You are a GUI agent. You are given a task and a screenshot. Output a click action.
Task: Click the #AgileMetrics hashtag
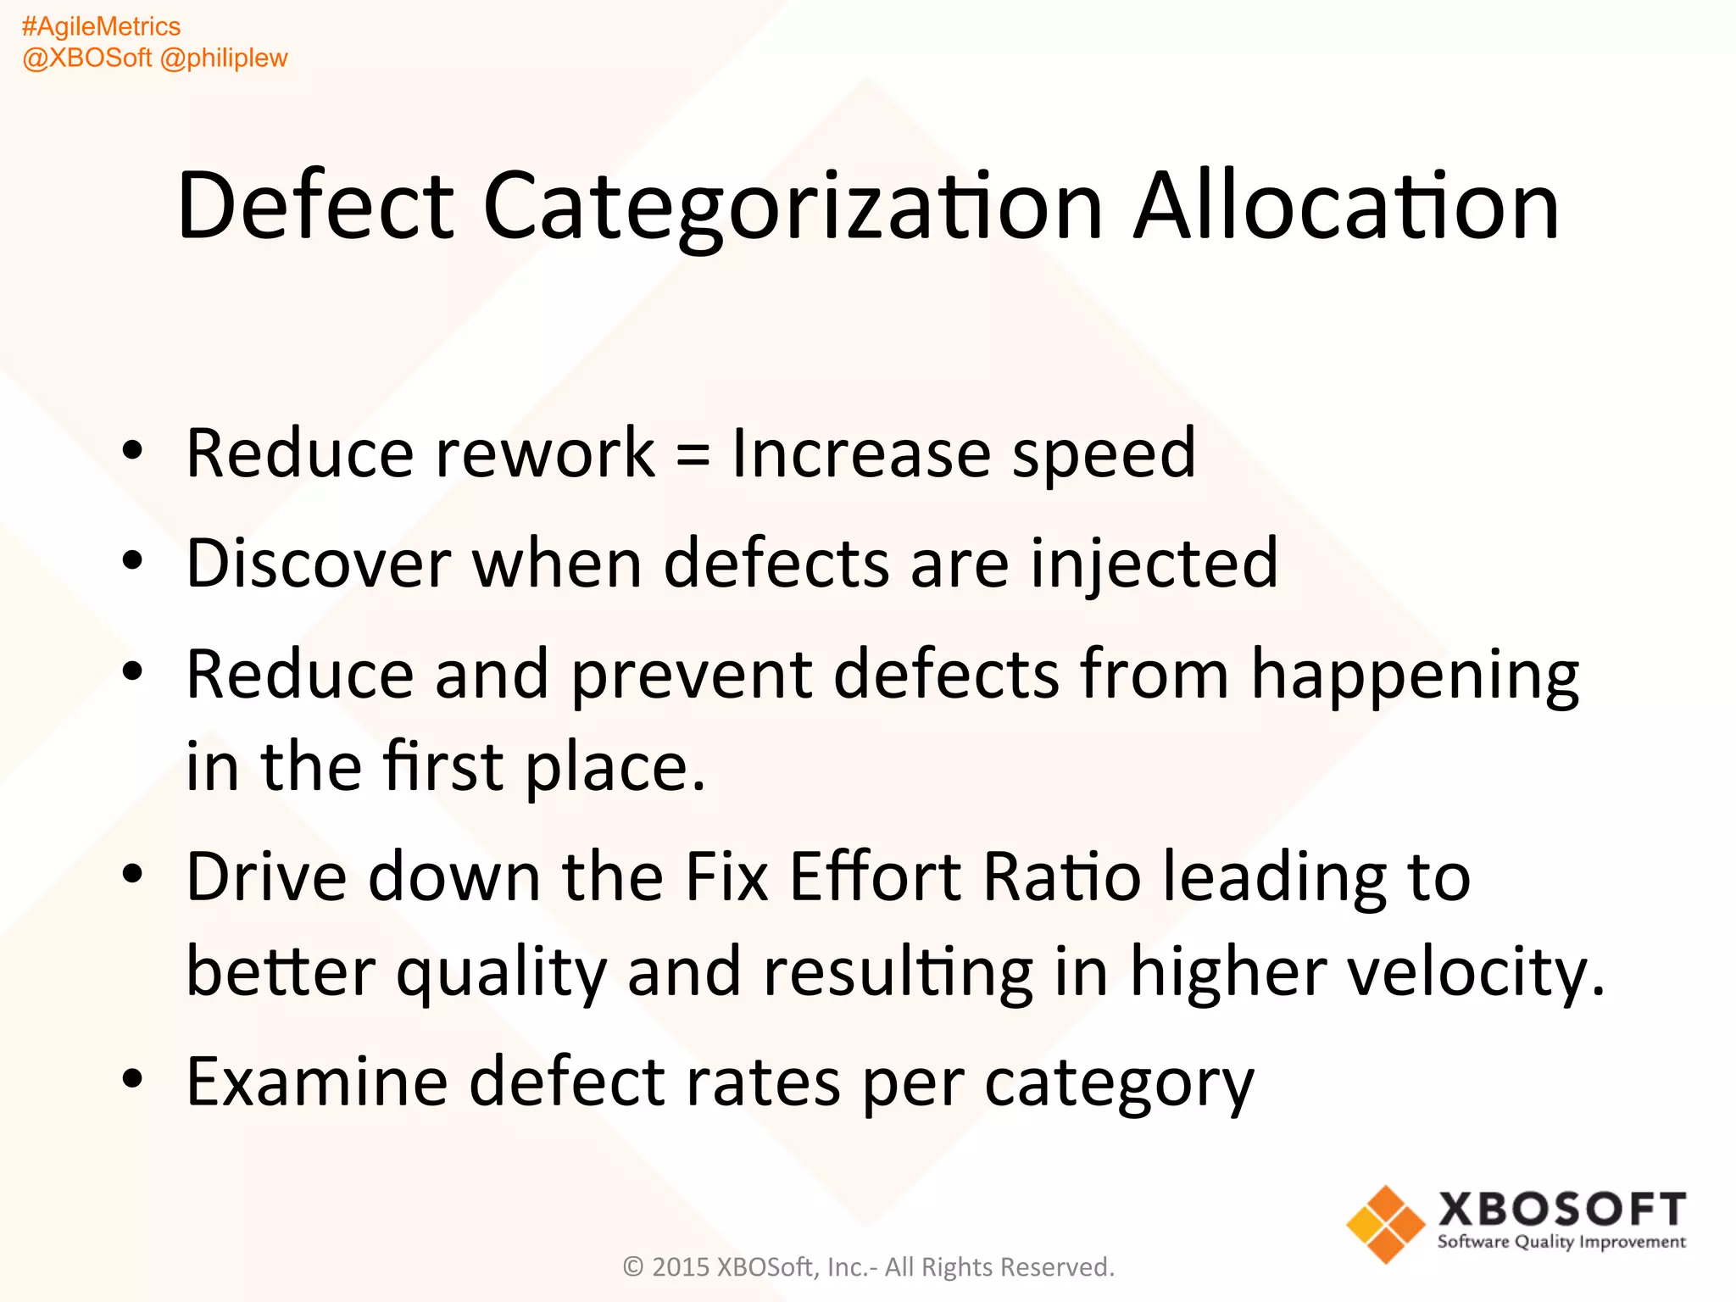[101, 27]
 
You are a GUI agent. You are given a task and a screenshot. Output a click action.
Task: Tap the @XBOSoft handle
[86, 58]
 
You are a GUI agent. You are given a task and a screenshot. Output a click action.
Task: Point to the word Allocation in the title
[1346, 206]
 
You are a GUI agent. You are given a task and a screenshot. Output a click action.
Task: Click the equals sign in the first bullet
[693, 455]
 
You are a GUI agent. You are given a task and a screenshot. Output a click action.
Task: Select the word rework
[545, 453]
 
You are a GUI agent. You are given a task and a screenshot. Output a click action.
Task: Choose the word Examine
[316, 1082]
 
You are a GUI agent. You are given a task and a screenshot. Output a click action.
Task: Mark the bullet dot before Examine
[132, 1079]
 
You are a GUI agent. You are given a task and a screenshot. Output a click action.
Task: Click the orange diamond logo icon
[1385, 1224]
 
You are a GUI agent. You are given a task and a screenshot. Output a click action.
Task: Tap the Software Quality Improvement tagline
[1561, 1242]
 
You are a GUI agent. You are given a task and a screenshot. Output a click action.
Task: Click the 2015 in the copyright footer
[681, 1267]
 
